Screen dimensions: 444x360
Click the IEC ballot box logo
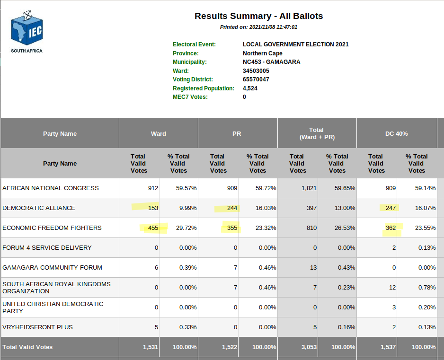[x=27, y=28]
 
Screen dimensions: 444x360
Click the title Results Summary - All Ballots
[x=258, y=16]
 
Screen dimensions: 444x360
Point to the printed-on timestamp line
[x=258, y=27]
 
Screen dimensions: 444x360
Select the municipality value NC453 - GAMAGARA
[x=271, y=62]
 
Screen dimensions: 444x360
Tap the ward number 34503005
[x=256, y=71]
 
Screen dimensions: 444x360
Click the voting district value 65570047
[x=256, y=79]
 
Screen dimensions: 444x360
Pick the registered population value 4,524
[x=250, y=88]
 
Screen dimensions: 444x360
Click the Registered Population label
[x=204, y=88]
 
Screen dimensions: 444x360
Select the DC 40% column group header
[x=397, y=133]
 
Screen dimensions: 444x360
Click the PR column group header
[x=237, y=133]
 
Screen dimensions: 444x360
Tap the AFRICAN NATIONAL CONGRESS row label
[x=50, y=188]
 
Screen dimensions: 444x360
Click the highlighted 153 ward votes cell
[x=153, y=208]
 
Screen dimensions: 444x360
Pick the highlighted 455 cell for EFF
[x=153, y=228]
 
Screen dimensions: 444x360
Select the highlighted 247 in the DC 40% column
[x=391, y=208]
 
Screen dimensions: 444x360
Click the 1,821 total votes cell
[x=309, y=188]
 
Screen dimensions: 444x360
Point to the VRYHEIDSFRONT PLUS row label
[x=37, y=327]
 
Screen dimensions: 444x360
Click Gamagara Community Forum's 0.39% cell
[x=188, y=267]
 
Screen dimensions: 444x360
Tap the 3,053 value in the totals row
[x=309, y=347]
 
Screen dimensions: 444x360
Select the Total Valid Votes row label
[x=27, y=347]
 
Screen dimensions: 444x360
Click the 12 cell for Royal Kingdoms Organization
[x=392, y=288]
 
